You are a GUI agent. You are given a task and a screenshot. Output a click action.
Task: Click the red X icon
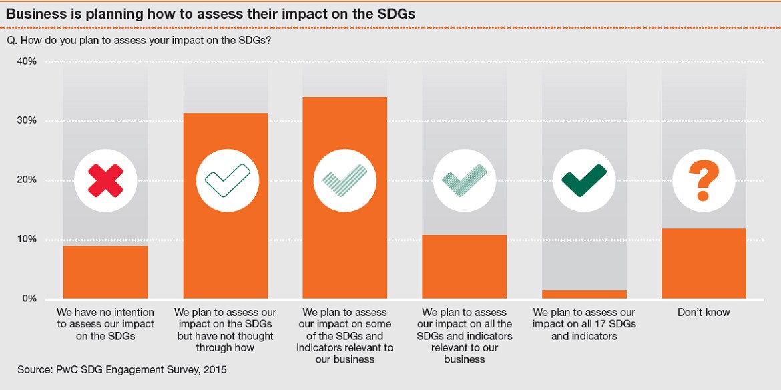point(105,180)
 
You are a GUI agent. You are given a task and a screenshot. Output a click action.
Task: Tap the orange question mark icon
point(704,180)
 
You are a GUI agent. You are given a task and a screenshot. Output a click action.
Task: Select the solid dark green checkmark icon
point(584,180)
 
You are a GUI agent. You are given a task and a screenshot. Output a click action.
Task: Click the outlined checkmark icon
point(226,180)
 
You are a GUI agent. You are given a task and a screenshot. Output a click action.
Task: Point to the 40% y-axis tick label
point(26,61)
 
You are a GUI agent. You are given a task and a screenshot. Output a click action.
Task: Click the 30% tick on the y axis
point(26,121)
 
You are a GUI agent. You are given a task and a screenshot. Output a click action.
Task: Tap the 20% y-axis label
point(26,180)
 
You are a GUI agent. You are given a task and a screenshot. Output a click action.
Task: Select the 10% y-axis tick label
point(26,240)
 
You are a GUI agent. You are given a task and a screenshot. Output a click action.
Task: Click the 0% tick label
point(29,299)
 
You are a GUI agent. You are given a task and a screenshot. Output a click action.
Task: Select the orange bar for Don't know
point(704,264)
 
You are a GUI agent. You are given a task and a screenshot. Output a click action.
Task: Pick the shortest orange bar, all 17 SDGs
point(584,295)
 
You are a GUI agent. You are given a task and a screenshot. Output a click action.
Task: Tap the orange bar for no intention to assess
point(105,272)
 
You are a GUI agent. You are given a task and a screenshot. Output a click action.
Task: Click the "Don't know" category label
point(704,313)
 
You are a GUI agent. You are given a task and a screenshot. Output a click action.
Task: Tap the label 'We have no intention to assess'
point(105,324)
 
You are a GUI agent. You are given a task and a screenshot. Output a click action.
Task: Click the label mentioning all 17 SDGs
point(584,324)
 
